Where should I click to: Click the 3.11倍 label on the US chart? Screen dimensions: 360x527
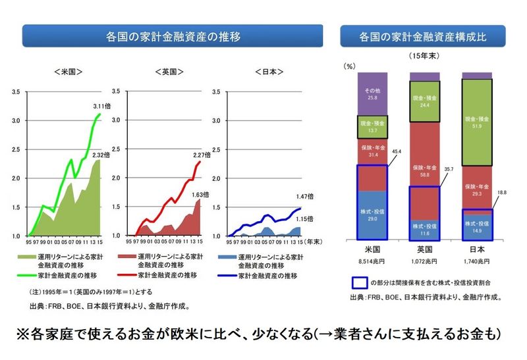[x=102, y=105]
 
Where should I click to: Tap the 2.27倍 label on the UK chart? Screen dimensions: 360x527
[x=202, y=155]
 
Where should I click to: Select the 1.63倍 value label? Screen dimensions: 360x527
[x=202, y=195]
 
